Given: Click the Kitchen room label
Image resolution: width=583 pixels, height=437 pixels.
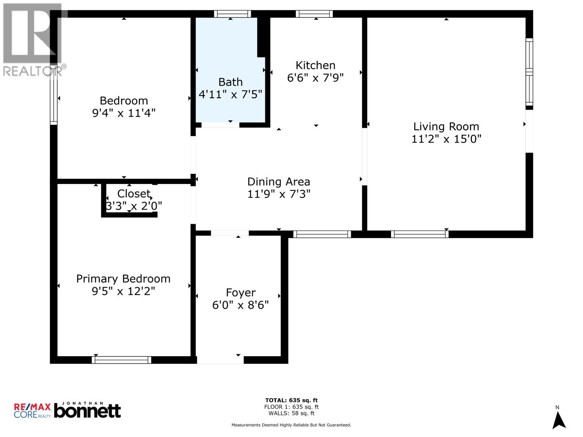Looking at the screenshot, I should tap(316, 66).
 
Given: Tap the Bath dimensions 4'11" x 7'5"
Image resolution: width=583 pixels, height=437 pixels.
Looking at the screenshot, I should tap(230, 95).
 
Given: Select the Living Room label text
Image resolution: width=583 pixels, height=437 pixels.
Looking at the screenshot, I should tap(446, 127).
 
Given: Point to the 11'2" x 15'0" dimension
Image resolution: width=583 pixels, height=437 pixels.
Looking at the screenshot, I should tap(446, 139).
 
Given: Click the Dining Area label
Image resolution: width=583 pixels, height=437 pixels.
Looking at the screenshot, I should tap(279, 182).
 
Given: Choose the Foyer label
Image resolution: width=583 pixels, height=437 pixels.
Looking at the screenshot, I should tap(240, 292).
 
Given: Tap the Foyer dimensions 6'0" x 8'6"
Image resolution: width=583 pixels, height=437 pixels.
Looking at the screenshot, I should tap(240, 305).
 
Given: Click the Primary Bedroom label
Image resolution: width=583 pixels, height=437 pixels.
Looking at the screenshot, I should tap(123, 279).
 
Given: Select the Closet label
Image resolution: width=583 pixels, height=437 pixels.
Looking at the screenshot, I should tap(134, 193).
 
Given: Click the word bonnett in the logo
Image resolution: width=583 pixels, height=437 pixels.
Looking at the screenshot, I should tap(87, 412).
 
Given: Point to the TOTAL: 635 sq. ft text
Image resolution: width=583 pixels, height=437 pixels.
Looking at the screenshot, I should tap(291, 401).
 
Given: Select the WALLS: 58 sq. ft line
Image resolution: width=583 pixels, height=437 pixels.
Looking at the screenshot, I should tap(291, 413).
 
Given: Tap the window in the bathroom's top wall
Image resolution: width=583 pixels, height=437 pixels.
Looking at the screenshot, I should tap(232, 14).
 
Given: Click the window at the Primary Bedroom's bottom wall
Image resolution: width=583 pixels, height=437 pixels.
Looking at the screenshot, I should tap(121, 360).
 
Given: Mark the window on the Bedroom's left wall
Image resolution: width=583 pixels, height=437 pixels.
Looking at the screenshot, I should tap(54, 95).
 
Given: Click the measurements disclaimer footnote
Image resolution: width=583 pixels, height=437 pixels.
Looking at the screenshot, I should tap(291, 425).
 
